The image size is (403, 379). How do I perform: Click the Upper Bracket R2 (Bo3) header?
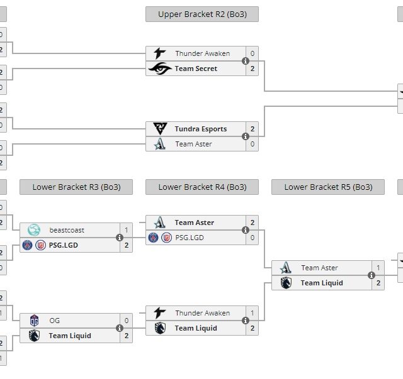[201, 14]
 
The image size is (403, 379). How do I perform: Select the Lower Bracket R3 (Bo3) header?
[76, 187]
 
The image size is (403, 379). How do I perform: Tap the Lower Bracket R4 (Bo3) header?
[201, 187]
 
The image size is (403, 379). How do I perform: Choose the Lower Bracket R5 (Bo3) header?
[327, 187]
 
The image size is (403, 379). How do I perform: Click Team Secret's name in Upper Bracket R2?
[196, 69]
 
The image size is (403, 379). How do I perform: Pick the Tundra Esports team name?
[200, 129]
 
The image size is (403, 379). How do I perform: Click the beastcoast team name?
[67, 230]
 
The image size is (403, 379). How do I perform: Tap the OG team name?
[55, 321]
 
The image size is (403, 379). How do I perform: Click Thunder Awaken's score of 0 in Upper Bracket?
[253, 53]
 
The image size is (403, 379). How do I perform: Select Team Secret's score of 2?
[253, 69]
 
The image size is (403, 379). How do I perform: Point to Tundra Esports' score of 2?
[253, 129]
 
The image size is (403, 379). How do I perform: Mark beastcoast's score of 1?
[127, 230]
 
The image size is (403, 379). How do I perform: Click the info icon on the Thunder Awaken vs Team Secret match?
[246, 61]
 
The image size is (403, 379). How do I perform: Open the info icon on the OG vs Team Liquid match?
[120, 328]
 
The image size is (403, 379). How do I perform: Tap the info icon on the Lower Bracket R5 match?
[372, 275]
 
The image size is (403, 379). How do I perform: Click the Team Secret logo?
[160, 69]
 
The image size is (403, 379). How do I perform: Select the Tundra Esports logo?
[160, 129]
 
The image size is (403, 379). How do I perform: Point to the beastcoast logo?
[34, 230]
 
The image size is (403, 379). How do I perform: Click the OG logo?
[34, 321]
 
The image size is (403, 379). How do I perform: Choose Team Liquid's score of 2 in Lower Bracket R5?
[378, 283]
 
